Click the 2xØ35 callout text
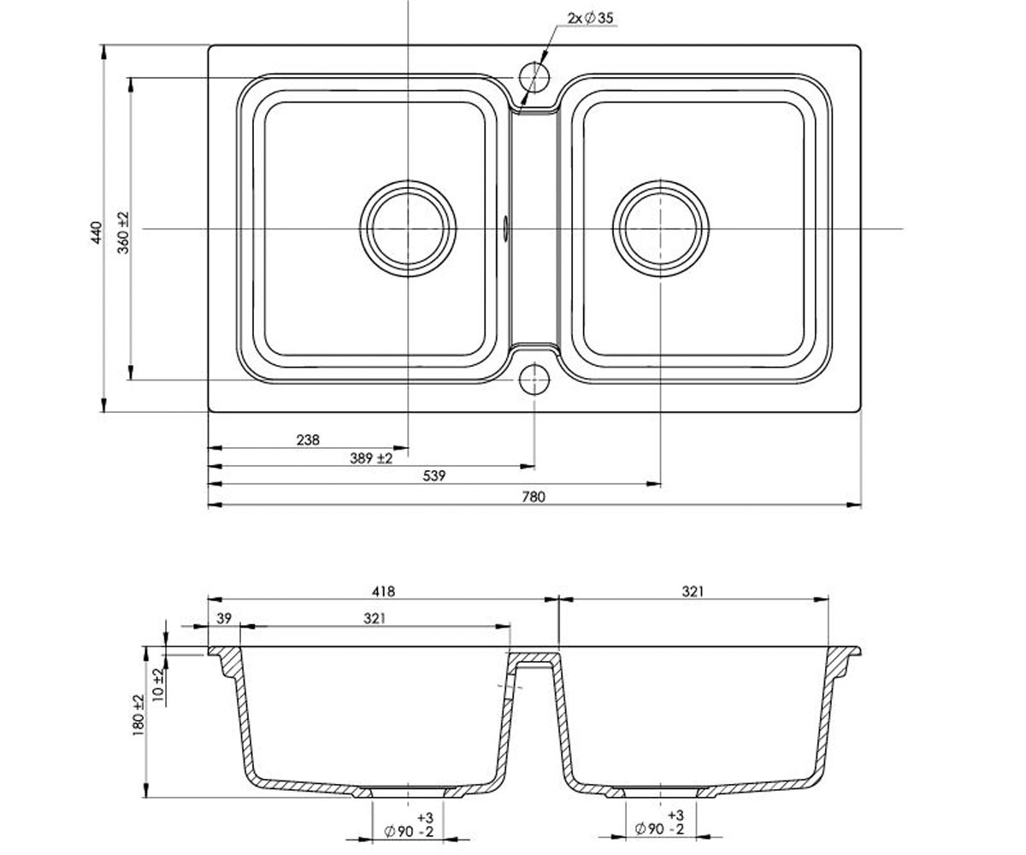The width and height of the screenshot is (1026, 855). (590, 18)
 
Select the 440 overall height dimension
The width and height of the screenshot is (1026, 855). (97, 233)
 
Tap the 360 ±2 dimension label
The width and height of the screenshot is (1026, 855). (123, 233)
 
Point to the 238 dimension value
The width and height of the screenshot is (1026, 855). (308, 439)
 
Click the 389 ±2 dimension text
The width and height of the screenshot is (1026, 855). (371, 458)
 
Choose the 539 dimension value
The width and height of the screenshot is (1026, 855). (434, 475)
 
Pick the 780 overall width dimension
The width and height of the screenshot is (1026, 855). (534, 497)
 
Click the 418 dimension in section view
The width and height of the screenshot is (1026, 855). (383, 591)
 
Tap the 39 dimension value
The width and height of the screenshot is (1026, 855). (224, 618)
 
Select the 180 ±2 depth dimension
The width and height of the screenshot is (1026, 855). (139, 715)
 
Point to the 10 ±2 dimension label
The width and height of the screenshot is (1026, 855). (158, 685)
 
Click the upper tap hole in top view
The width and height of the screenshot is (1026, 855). (534, 78)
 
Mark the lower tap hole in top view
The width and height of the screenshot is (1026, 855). (534, 380)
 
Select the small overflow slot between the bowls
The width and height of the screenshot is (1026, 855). (505, 228)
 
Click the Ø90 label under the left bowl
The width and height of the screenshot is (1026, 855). (398, 831)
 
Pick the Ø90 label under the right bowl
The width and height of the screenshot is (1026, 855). (649, 828)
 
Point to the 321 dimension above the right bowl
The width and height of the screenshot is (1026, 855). (693, 591)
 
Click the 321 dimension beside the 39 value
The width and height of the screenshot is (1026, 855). (374, 618)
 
